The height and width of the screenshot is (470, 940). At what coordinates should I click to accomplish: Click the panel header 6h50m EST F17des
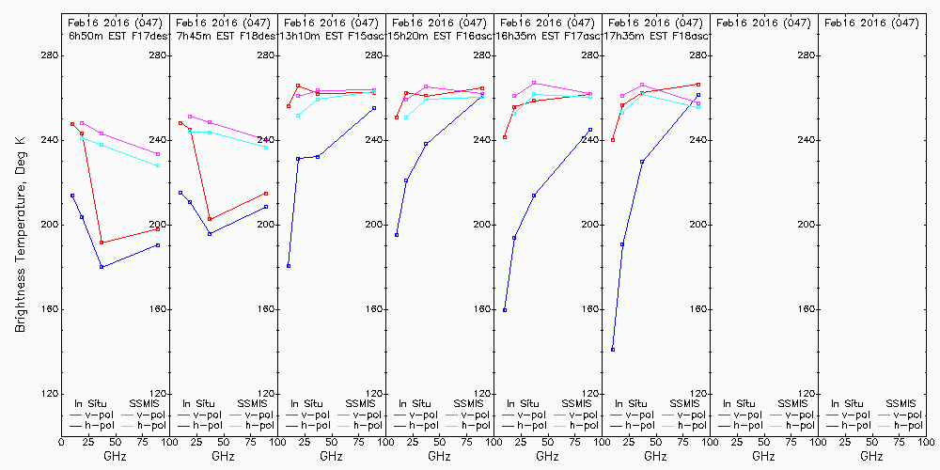[116, 36]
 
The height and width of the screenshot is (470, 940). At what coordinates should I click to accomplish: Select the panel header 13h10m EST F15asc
[333, 36]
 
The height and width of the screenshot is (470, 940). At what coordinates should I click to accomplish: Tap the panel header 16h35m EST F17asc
[549, 36]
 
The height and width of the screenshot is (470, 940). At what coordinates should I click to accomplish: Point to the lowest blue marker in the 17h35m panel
[613, 350]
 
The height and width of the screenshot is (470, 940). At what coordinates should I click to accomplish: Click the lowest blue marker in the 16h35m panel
[505, 310]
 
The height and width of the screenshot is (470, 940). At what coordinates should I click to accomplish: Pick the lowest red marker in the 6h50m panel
[102, 243]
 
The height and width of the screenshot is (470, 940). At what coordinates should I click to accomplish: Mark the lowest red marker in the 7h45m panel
[210, 219]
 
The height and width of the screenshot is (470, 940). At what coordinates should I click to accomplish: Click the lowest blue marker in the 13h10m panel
[289, 266]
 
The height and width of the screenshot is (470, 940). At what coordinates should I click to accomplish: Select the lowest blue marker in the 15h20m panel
[397, 235]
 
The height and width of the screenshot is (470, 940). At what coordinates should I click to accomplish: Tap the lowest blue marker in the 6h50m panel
[102, 267]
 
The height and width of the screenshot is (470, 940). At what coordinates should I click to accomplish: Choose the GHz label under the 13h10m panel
[331, 456]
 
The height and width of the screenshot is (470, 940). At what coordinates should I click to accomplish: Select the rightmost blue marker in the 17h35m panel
[698, 95]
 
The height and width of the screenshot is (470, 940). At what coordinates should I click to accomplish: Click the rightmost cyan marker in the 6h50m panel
[158, 165]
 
